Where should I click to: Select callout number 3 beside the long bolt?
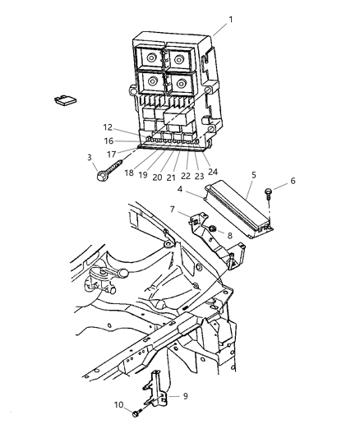[x=89, y=156]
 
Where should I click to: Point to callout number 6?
[x=293, y=182]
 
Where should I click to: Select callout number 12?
[x=108, y=127]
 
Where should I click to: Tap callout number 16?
[x=108, y=141]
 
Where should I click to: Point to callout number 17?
[x=111, y=153]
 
